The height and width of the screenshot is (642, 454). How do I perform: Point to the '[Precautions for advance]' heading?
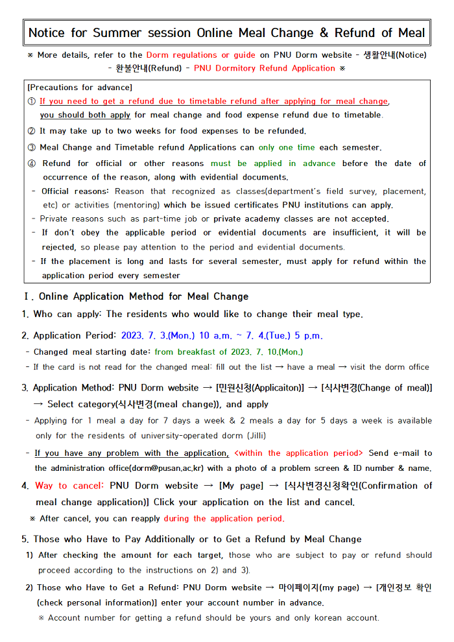tap(80, 87)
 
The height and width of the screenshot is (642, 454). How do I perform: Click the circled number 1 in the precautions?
tap(32, 101)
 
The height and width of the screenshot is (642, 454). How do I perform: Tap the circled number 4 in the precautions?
tap(32, 163)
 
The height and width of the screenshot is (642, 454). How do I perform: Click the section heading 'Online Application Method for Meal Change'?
tap(143, 296)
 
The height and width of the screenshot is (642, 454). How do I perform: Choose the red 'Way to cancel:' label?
tap(70, 486)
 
